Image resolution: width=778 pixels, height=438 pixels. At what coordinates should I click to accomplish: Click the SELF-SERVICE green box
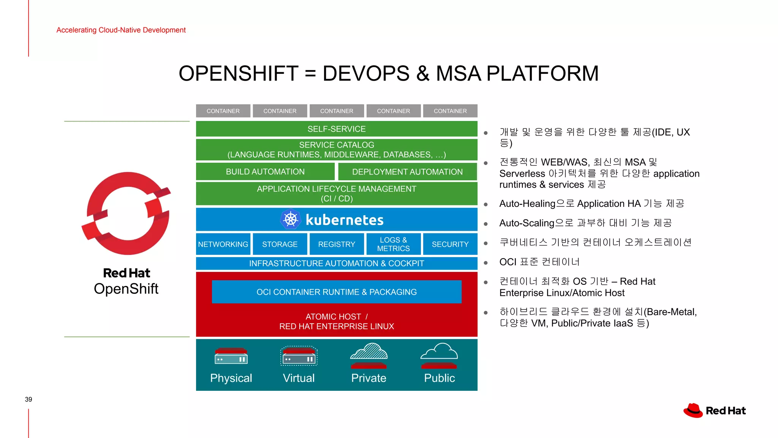[337, 129]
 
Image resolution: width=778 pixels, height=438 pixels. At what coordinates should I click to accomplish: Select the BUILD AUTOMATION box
[265, 171]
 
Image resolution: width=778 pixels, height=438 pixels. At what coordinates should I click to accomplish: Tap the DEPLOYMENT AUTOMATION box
[407, 171]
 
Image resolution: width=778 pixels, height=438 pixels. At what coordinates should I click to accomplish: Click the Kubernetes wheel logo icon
[291, 219]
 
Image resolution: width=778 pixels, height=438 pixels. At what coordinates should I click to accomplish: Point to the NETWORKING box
[223, 244]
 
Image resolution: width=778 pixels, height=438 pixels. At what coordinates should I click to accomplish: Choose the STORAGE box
[280, 244]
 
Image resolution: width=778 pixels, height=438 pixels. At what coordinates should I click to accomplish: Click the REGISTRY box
[337, 244]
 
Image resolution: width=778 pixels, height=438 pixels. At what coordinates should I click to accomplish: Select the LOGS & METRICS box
[393, 244]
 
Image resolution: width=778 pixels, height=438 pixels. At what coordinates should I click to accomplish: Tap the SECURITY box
[450, 244]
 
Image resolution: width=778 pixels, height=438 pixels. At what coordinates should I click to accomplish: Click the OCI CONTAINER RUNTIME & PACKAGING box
[337, 292]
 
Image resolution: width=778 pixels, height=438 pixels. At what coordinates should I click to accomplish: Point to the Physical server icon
[231, 356]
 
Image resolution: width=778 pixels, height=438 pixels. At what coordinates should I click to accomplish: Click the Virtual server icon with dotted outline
[299, 356]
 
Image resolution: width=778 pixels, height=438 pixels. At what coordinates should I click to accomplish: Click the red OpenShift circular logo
[127, 213]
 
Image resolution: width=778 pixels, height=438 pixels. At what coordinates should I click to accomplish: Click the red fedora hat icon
[693, 411]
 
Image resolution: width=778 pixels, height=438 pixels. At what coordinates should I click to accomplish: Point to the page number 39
[28, 399]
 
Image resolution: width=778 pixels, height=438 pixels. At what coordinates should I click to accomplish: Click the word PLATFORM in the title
[542, 73]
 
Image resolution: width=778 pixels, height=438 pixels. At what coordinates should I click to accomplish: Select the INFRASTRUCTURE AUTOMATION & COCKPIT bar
[337, 263]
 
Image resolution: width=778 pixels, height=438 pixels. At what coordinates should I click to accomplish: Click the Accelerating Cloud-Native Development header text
[121, 30]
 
